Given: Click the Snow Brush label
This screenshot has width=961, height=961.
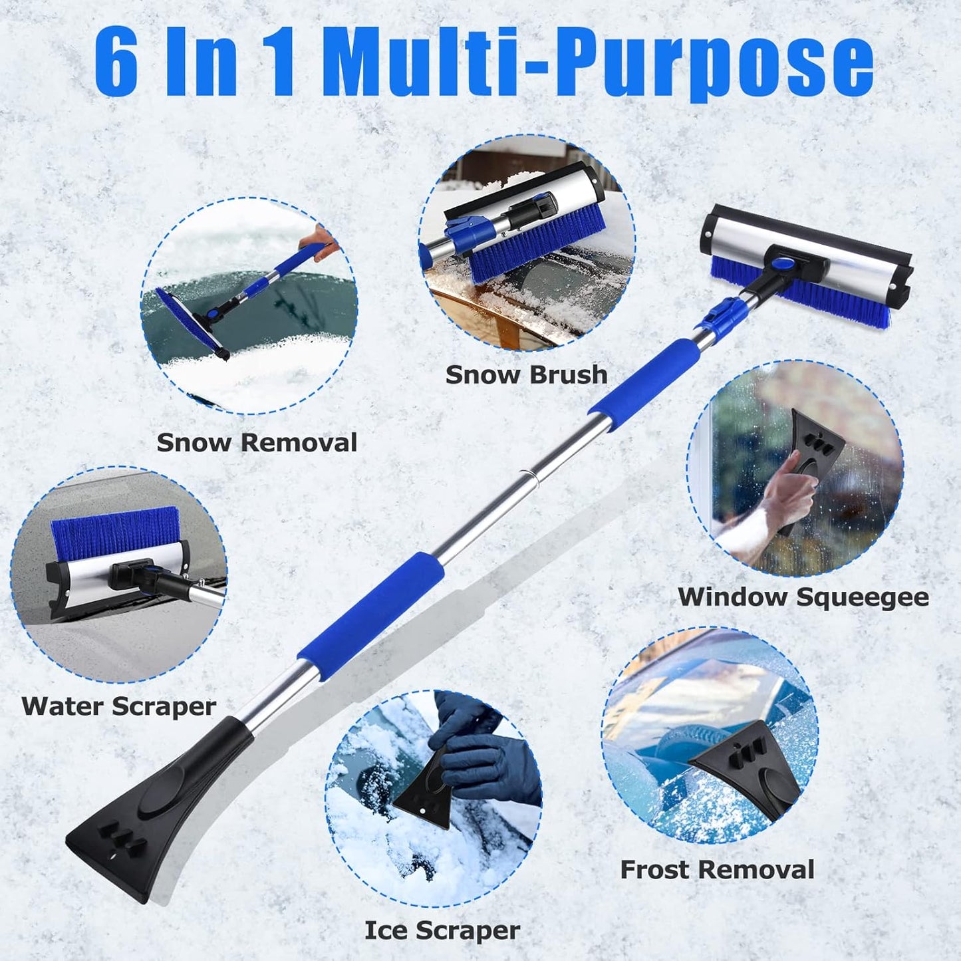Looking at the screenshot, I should click(526, 374).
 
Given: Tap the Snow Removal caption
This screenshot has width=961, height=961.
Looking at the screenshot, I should click(257, 443).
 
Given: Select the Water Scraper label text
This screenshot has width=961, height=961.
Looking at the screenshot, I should click(119, 706).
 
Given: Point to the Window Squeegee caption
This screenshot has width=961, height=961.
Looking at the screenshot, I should click(803, 597).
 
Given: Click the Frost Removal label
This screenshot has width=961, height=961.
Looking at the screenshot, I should click(717, 870).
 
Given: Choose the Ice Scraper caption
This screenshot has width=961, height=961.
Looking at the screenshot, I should click(442, 930).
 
